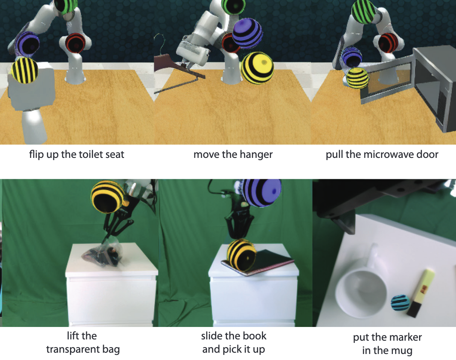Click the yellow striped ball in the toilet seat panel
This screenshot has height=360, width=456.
click(x=25, y=70)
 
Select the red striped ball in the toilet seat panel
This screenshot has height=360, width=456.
click(x=75, y=43)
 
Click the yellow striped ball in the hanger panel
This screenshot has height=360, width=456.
click(x=257, y=68)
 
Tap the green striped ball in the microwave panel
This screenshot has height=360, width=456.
click(x=364, y=12)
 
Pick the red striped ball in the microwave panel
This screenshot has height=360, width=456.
click(x=388, y=43)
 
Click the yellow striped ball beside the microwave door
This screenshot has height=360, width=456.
click(x=357, y=78)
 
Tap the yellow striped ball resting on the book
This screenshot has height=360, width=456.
click(x=241, y=255)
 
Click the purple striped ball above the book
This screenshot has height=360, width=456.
click(x=262, y=192)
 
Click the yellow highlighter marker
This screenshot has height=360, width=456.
click(x=420, y=293)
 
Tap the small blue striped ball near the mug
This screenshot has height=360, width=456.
click(x=400, y=303)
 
